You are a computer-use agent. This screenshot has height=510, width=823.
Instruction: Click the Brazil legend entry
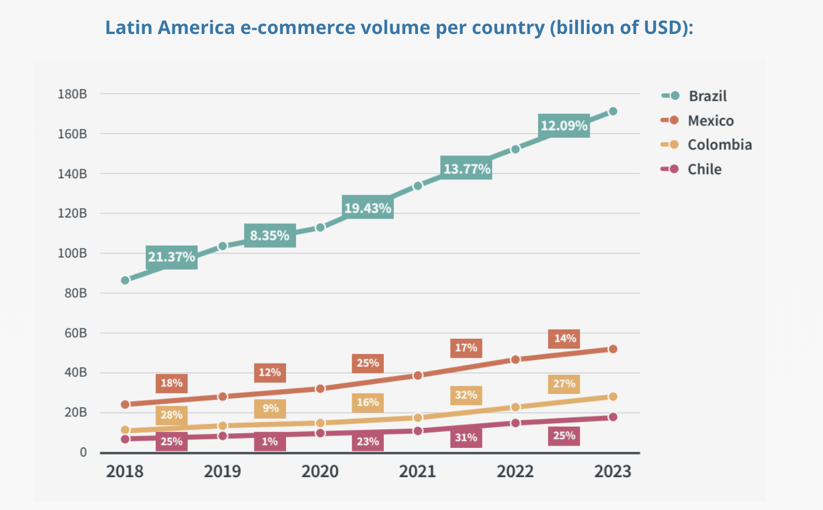(707, 96)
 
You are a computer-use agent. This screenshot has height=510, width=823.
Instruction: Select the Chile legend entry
(704, 169)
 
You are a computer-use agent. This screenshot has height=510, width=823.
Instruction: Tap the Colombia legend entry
(719, 145)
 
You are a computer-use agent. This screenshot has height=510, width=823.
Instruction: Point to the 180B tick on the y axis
(72, 94)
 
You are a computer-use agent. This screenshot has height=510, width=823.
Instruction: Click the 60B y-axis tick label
(76, 333)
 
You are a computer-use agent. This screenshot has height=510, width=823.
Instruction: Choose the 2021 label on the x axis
(417, 471)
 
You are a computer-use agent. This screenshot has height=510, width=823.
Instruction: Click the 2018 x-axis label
(125, 471)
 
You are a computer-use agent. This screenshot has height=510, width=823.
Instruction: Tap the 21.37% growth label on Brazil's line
(171, 257)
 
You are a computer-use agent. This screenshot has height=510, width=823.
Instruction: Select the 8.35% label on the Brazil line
(270, 236)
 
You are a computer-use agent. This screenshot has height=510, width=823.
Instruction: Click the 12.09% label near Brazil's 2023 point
(564, 126)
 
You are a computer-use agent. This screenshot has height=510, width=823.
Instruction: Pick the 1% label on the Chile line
(270, 441)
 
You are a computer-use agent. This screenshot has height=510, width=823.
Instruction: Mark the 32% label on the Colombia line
(466, 395)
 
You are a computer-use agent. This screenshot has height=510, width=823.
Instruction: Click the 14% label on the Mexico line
(564, 338)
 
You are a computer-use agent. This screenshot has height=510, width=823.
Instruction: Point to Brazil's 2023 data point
(613, 111)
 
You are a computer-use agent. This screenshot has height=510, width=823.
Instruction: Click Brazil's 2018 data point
(125, 280)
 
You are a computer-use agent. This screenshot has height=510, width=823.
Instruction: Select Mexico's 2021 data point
(417, 375)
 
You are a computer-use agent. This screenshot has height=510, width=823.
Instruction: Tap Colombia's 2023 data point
(613, 397)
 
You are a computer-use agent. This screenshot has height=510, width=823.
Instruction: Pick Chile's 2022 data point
(515, 423)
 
